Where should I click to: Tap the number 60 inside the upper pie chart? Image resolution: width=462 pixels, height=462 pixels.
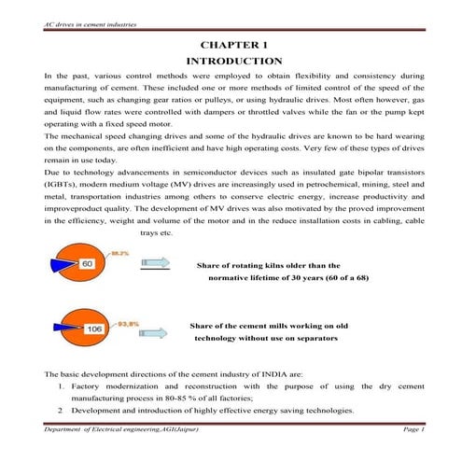point(88,265)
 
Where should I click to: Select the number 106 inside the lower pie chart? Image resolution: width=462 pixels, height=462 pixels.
point(93,329)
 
